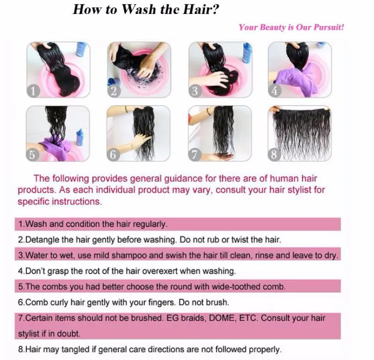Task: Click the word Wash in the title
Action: pos(140,9)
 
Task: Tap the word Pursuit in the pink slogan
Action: pos(329,27)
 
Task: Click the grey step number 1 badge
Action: pos(33,91)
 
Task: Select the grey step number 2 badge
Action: pos(114,91)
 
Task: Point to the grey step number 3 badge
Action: pos(195,91)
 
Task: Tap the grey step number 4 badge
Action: pos(275,91)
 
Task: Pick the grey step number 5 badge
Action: pos(32,155)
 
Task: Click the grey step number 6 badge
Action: pos(113,155)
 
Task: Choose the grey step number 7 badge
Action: pos(194,155)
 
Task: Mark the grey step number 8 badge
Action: pos(274,155)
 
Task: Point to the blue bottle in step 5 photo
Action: pos(80,137)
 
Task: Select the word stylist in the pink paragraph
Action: pos(299,190)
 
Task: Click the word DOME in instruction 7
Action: pos(222,318)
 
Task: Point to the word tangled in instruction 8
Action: pos(76,350)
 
